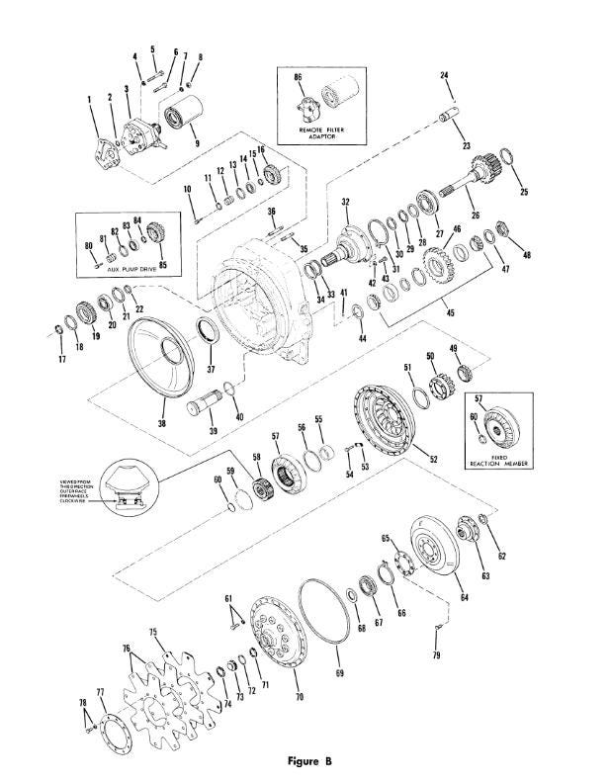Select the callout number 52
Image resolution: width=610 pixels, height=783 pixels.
(x=433, y=459)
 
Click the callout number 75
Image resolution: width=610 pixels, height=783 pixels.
(x=153, y=632)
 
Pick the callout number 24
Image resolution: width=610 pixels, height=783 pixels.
(x=444, y=76)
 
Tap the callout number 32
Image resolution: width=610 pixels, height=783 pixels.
(x=346, y=202)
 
